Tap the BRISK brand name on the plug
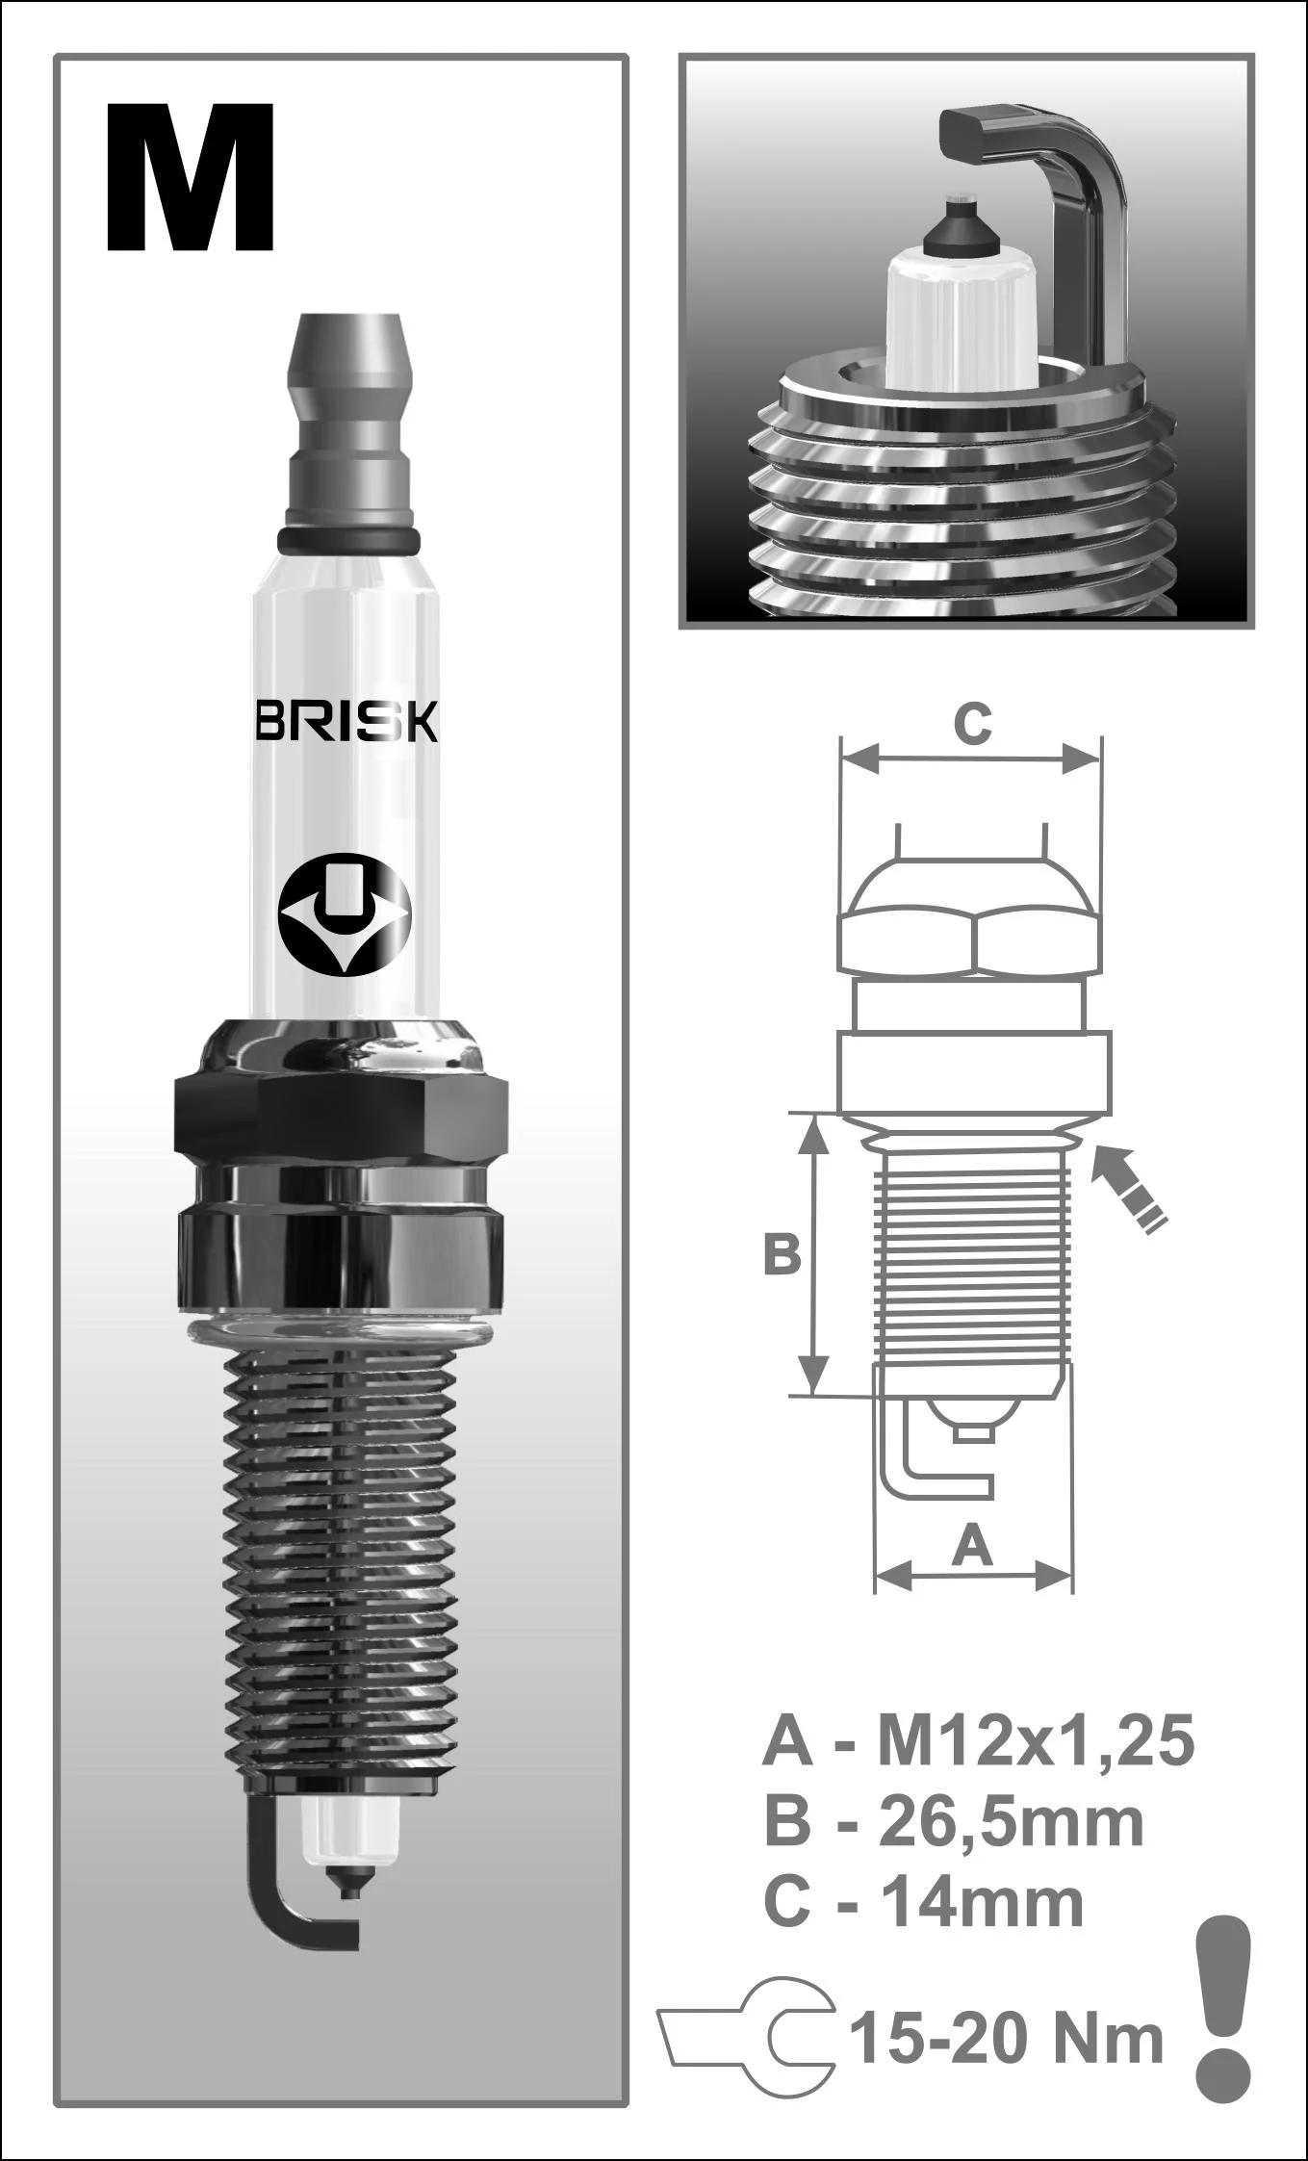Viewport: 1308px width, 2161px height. (x=346, y=721)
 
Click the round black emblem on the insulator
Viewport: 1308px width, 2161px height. (x=345, y=913)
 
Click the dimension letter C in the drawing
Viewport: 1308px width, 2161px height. (x=971, y=723)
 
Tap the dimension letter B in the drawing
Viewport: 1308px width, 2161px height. (x=782, y=1255)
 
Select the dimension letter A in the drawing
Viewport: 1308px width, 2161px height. (x=972, y=1547)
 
